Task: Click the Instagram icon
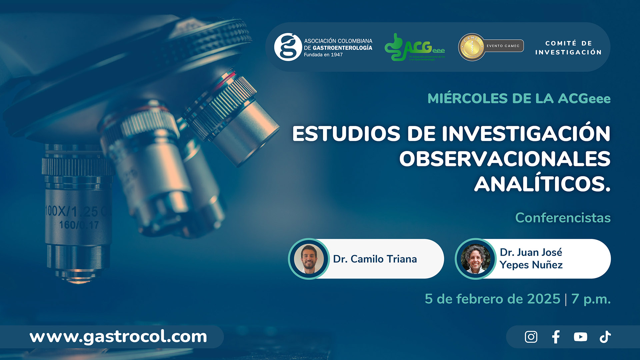[x=531, y=337]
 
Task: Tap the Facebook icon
[x=556, y=337]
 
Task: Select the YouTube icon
[x=580, y=337]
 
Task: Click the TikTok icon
[x=605, y=337]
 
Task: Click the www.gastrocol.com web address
[x=118, y=337]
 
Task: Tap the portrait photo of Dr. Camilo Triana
[x=309, y=259]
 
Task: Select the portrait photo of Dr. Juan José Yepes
[x=475, y=259]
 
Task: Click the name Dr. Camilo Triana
[x=375, y=259]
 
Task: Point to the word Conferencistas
[x=563, y=218]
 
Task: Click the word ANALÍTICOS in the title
[x=542, y=184]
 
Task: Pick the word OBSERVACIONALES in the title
[x=505, y=159]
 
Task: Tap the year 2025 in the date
[x=543, y=299]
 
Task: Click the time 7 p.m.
[x=591, y=299]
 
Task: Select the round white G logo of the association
[x=288, y=47]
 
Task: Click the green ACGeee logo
[x=414, y=47]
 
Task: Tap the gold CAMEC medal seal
[x=471, y=47]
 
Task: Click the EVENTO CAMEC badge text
[x=503, y=46]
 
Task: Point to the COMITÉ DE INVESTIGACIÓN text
[x=568, y=48]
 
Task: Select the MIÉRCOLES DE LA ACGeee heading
[x=519, y=99]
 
